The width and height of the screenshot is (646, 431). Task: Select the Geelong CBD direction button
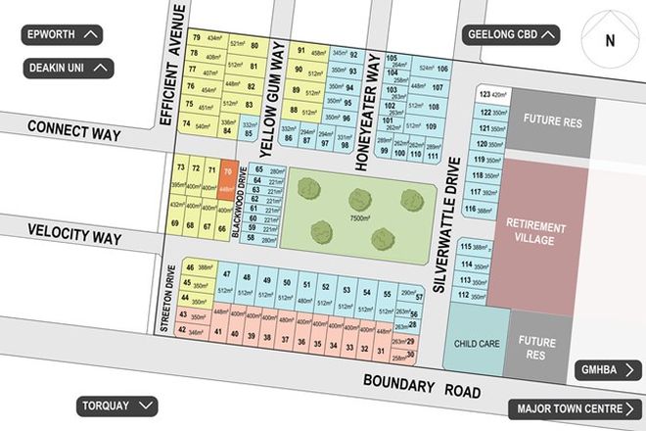coord(510,35)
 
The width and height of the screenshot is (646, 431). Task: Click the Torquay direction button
coord(116,406)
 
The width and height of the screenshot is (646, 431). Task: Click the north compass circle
coord(609,41)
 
